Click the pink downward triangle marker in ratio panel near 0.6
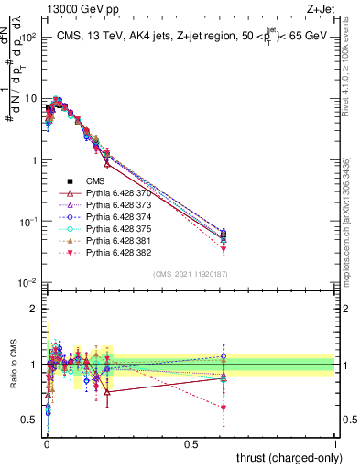pos(224,408)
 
